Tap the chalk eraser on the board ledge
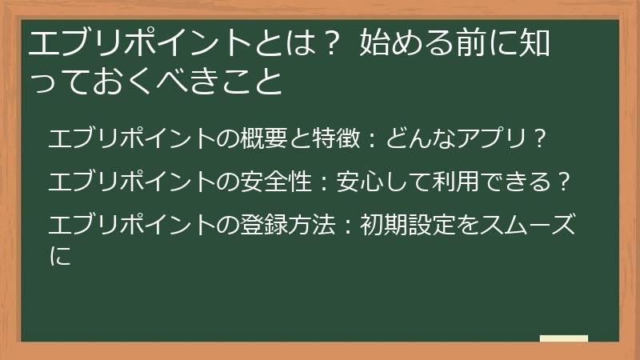pos(563,338)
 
